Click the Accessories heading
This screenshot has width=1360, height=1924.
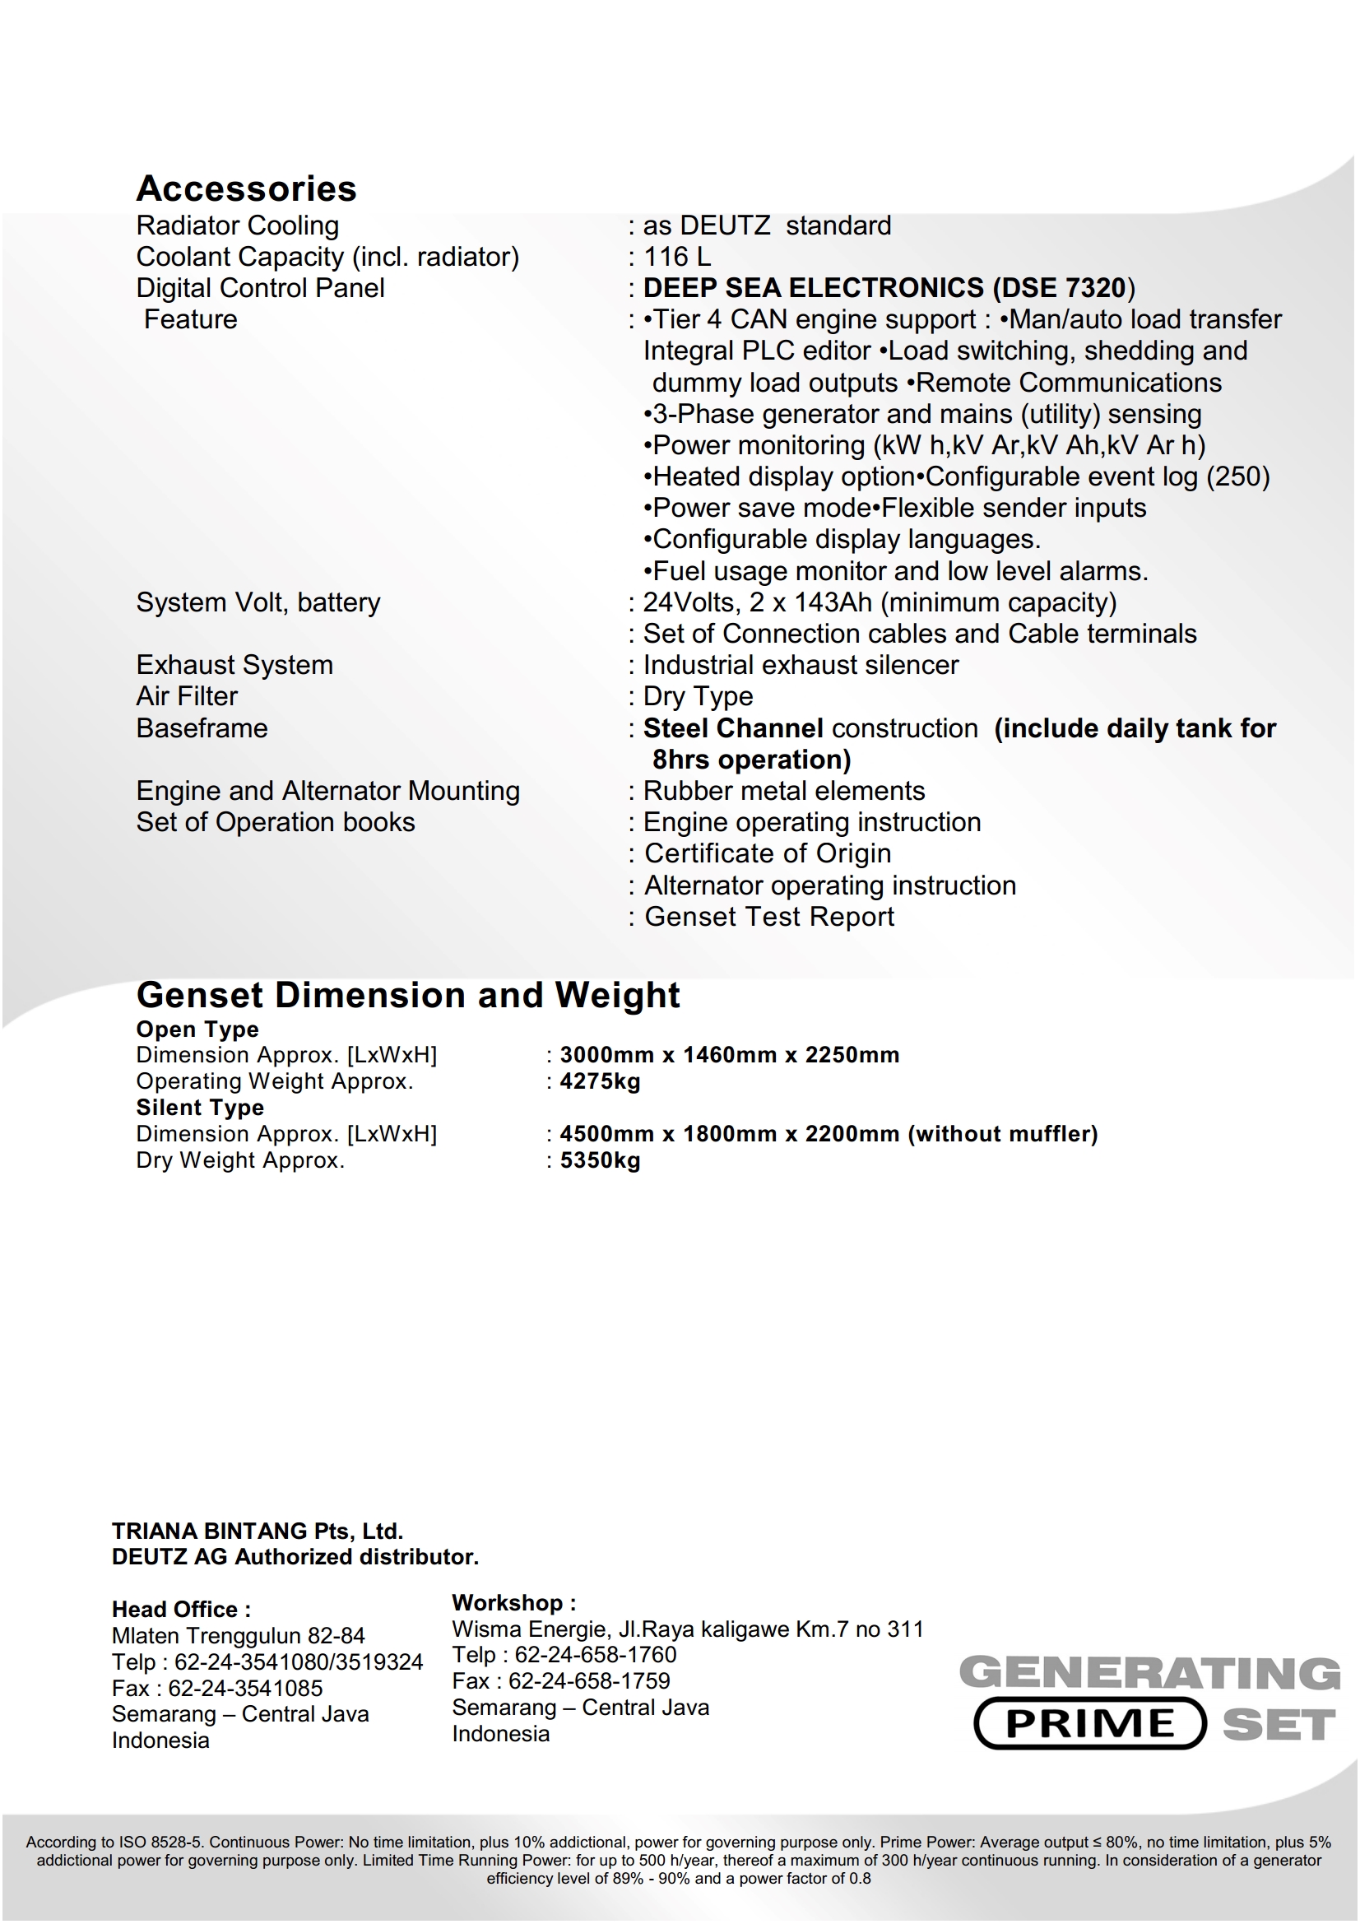coord(246,188)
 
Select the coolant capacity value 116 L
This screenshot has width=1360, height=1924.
coord(676,257)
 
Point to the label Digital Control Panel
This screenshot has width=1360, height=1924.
coord(260,288)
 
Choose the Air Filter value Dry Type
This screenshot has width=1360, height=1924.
coord(697,696)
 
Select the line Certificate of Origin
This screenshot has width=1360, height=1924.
coord(767,853)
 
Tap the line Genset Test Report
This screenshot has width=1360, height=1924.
coord(768,917)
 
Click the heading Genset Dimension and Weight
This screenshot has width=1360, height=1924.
coord(408,995)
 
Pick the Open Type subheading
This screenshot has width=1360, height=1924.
coord(197,1029)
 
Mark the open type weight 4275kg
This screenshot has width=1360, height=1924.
coord(600,1081)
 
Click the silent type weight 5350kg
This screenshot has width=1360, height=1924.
coord(600,1160)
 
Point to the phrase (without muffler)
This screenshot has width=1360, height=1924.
coord(1002,1134)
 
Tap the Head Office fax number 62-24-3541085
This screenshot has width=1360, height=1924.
coord(245,1688)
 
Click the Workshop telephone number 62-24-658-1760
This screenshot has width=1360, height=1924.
coord(595,1654)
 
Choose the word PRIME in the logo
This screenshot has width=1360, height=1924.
coord(1089,1723)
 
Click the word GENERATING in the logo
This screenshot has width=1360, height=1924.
coord(1149,1673)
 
